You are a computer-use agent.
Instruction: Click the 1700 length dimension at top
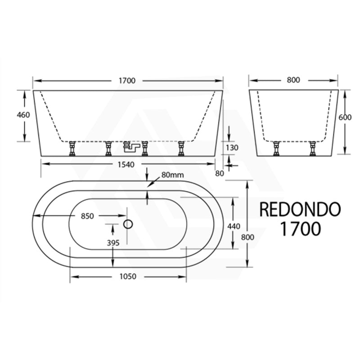coord(128,81)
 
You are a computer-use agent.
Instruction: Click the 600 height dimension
coord(345,117)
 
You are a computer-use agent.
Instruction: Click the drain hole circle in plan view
coord(128,224)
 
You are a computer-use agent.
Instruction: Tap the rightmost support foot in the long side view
coord(181,148)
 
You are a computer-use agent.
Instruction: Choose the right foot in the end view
coord(311,148)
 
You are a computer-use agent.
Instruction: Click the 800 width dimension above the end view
coord(293,81)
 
